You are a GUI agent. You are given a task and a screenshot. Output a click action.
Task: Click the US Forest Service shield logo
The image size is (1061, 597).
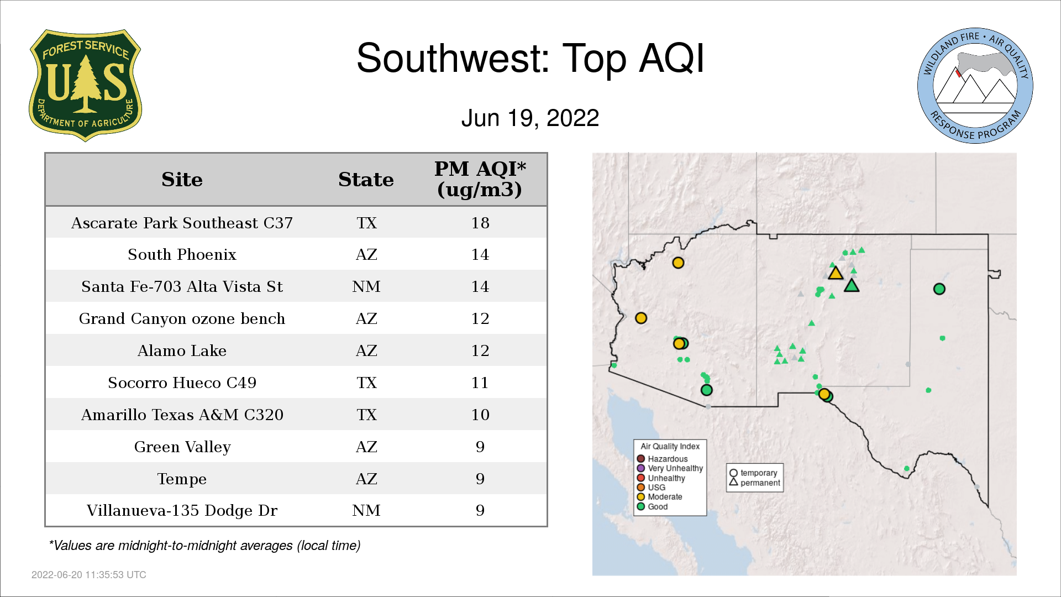coord(85,86)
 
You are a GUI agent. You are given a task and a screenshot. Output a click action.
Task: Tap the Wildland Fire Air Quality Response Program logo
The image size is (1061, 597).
coord(975,86)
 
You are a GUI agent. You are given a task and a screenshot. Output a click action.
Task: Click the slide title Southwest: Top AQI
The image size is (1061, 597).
coord(530,58)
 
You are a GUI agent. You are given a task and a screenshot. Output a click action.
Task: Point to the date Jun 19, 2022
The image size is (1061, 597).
coord(530,118)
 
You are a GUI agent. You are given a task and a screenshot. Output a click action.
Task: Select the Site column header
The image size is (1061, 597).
coord(182,180)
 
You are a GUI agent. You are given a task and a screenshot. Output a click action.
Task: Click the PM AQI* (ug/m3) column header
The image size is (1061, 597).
coord(480,179)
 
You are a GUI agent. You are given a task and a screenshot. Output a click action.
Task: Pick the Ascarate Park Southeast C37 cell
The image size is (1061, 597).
coord(182,223)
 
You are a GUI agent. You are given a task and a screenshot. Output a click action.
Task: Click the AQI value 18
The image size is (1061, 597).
coord(480,223)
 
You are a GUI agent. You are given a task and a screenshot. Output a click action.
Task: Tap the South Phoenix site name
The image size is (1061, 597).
coord(182,254)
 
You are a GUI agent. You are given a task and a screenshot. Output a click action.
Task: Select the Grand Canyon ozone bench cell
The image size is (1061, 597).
coord(182,318)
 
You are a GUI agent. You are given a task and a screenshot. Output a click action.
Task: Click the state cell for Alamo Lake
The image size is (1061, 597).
coord(366,350)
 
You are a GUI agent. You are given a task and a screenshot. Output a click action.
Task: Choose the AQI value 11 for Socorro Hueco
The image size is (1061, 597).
coord(480,383)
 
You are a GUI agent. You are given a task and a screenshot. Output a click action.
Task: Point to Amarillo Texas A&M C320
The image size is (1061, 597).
coord(182,415)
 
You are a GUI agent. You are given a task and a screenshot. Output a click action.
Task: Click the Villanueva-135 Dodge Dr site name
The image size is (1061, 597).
coord(182,510)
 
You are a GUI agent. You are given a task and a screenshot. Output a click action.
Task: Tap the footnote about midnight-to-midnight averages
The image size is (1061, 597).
coord(204,546)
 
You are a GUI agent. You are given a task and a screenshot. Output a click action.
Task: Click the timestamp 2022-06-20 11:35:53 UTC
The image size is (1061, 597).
coord(89,575)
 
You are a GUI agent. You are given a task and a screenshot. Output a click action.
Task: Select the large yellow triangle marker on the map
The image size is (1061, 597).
coord(836,273)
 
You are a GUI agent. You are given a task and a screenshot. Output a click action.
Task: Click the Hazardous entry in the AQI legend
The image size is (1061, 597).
coord(662,459)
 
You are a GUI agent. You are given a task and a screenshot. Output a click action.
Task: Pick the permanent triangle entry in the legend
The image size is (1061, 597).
coord(755,483)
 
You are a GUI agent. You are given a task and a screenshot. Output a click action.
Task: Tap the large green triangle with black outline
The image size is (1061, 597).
coord(852,286)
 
